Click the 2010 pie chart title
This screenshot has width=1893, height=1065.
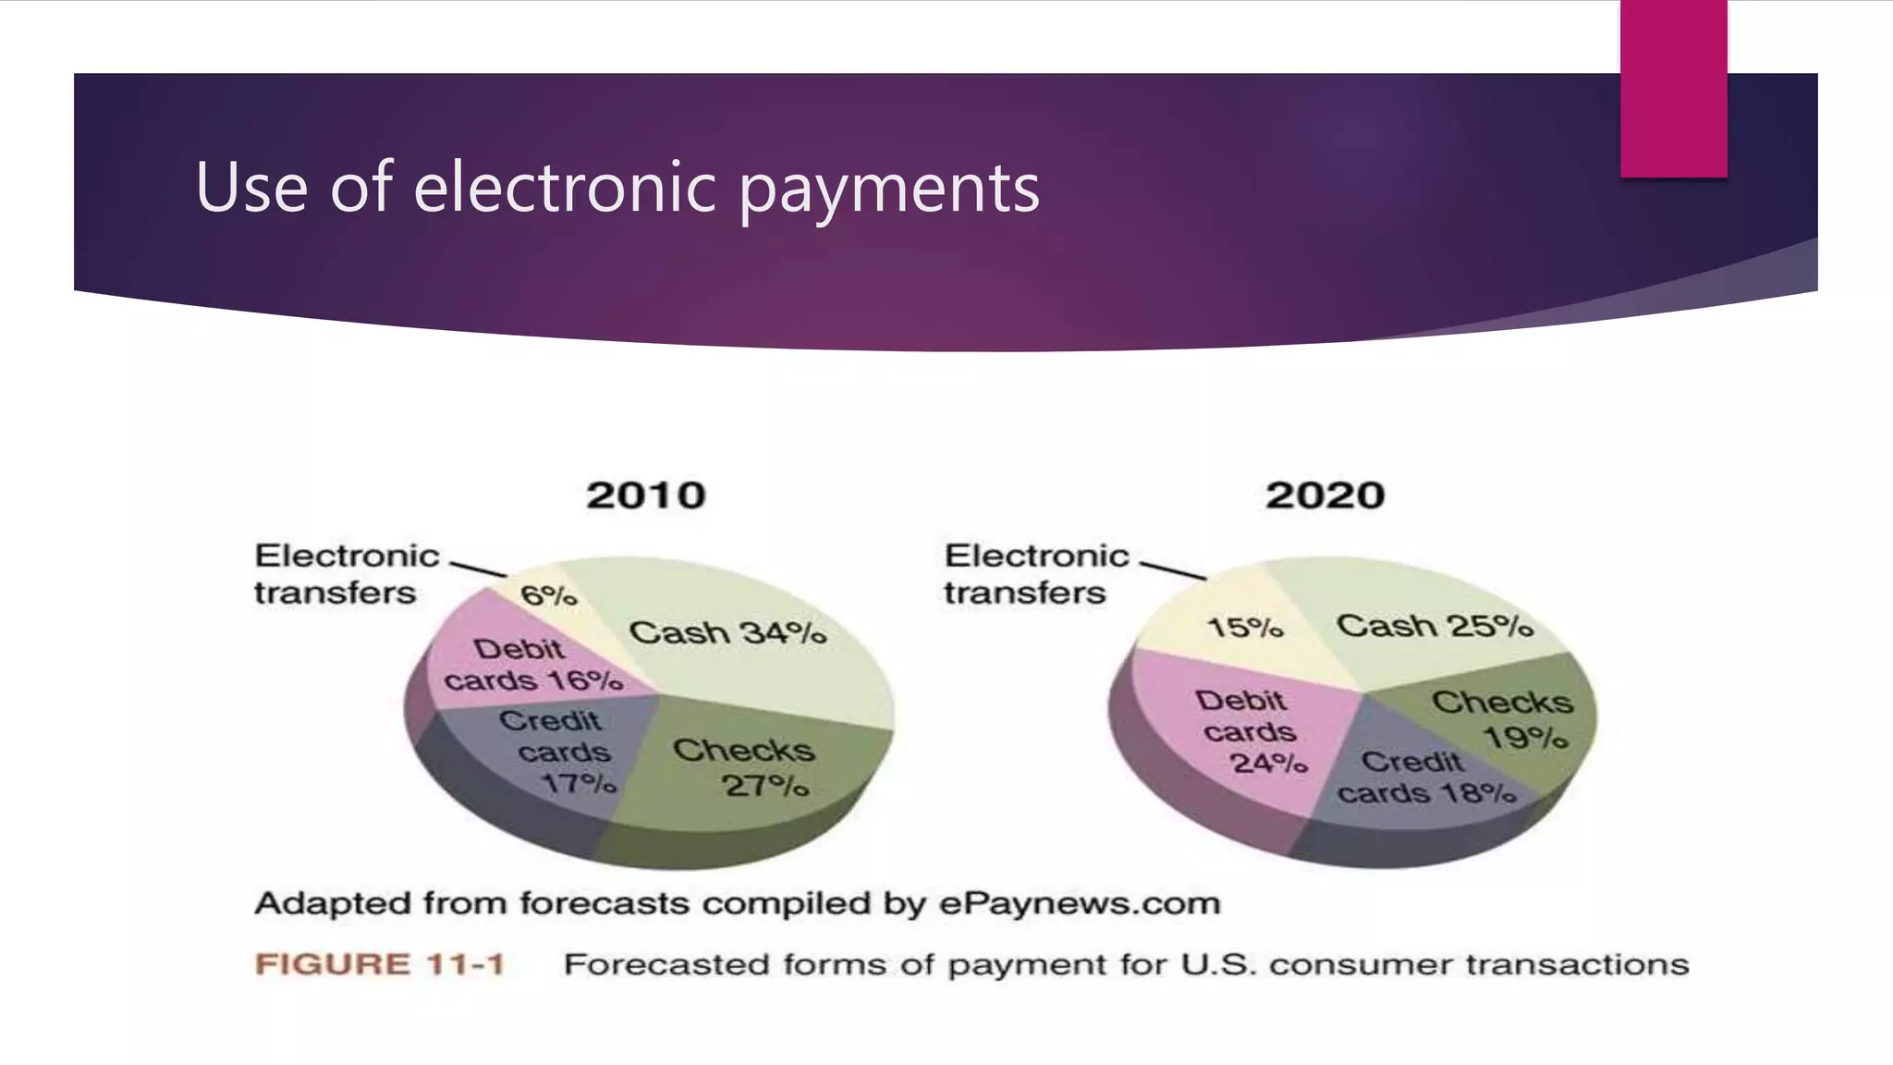[646, 496]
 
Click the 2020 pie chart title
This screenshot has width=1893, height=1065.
[1325, 496]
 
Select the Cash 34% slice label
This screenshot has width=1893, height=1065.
[727, 633]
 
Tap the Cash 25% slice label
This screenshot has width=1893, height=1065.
[1435, 626]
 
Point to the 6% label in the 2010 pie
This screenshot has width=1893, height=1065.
[549, 595]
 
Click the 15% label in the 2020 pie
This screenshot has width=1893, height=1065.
[1245, 629]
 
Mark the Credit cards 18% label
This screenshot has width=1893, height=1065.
[1424, 778]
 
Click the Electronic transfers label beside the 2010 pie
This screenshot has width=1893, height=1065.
[347, 574]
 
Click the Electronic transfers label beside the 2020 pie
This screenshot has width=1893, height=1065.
[1036, 574]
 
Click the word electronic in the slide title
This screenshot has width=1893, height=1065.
[564, 188]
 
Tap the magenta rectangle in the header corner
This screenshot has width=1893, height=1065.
[1673, 88]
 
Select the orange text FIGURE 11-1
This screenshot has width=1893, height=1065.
[380, 964]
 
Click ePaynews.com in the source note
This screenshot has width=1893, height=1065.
[1080, 903]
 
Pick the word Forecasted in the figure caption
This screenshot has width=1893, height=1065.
[667, 964]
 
